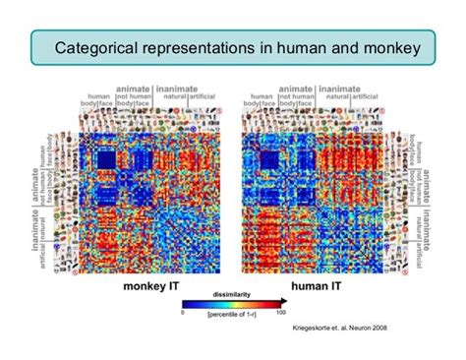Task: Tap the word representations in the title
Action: point(200,46)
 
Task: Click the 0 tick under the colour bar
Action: point(184,312)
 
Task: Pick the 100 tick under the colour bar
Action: point(281,312)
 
